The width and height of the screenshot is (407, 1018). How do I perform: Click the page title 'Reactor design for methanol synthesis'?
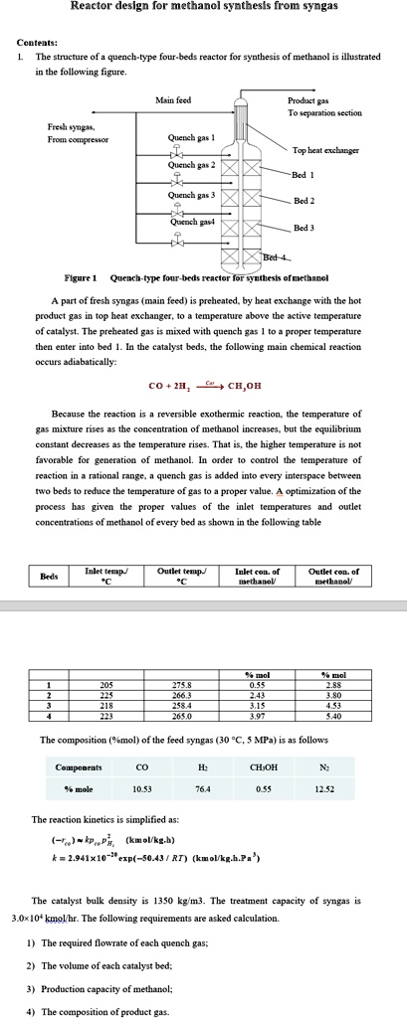tap(203, 7)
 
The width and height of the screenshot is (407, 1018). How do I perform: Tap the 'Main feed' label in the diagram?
tap(173, 100)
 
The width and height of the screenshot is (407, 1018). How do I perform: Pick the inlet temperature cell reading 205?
tap(106, 685)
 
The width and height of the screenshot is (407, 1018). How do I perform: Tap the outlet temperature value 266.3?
tap(181, 695)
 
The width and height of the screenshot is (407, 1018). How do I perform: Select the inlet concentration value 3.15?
tap(257, 705)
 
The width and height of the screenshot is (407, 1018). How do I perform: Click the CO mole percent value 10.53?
tap(141, 788)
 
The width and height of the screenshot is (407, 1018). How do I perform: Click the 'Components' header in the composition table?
tap(78, 767)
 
